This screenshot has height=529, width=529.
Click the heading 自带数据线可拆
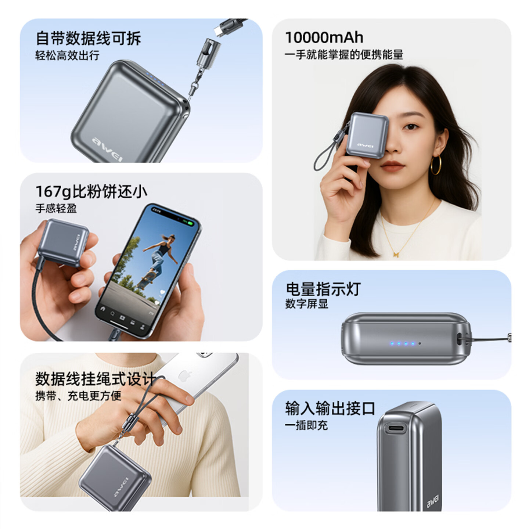tap(88, 38)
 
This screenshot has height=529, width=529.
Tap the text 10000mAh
tap(324, 37)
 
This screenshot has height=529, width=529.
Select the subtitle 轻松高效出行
tap(67, 55)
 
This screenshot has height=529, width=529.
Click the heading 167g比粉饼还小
tap(91, 191)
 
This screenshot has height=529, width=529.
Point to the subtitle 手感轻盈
tap(56, 209)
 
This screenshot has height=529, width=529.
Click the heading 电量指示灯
tap(323, 289)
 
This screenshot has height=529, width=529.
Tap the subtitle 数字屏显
tap(307, 304)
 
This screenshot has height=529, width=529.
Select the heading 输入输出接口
tap(330, 408)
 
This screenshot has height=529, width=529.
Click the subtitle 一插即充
tap(306, 425)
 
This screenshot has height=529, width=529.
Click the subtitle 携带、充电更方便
tap(78, 396)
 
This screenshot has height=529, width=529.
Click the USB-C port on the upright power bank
tap(395, 429)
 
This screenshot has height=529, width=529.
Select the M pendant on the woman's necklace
tap(396, 254)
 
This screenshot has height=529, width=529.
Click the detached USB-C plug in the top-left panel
tap(219, 32)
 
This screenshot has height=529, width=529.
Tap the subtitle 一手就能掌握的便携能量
tap(344, 55)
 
